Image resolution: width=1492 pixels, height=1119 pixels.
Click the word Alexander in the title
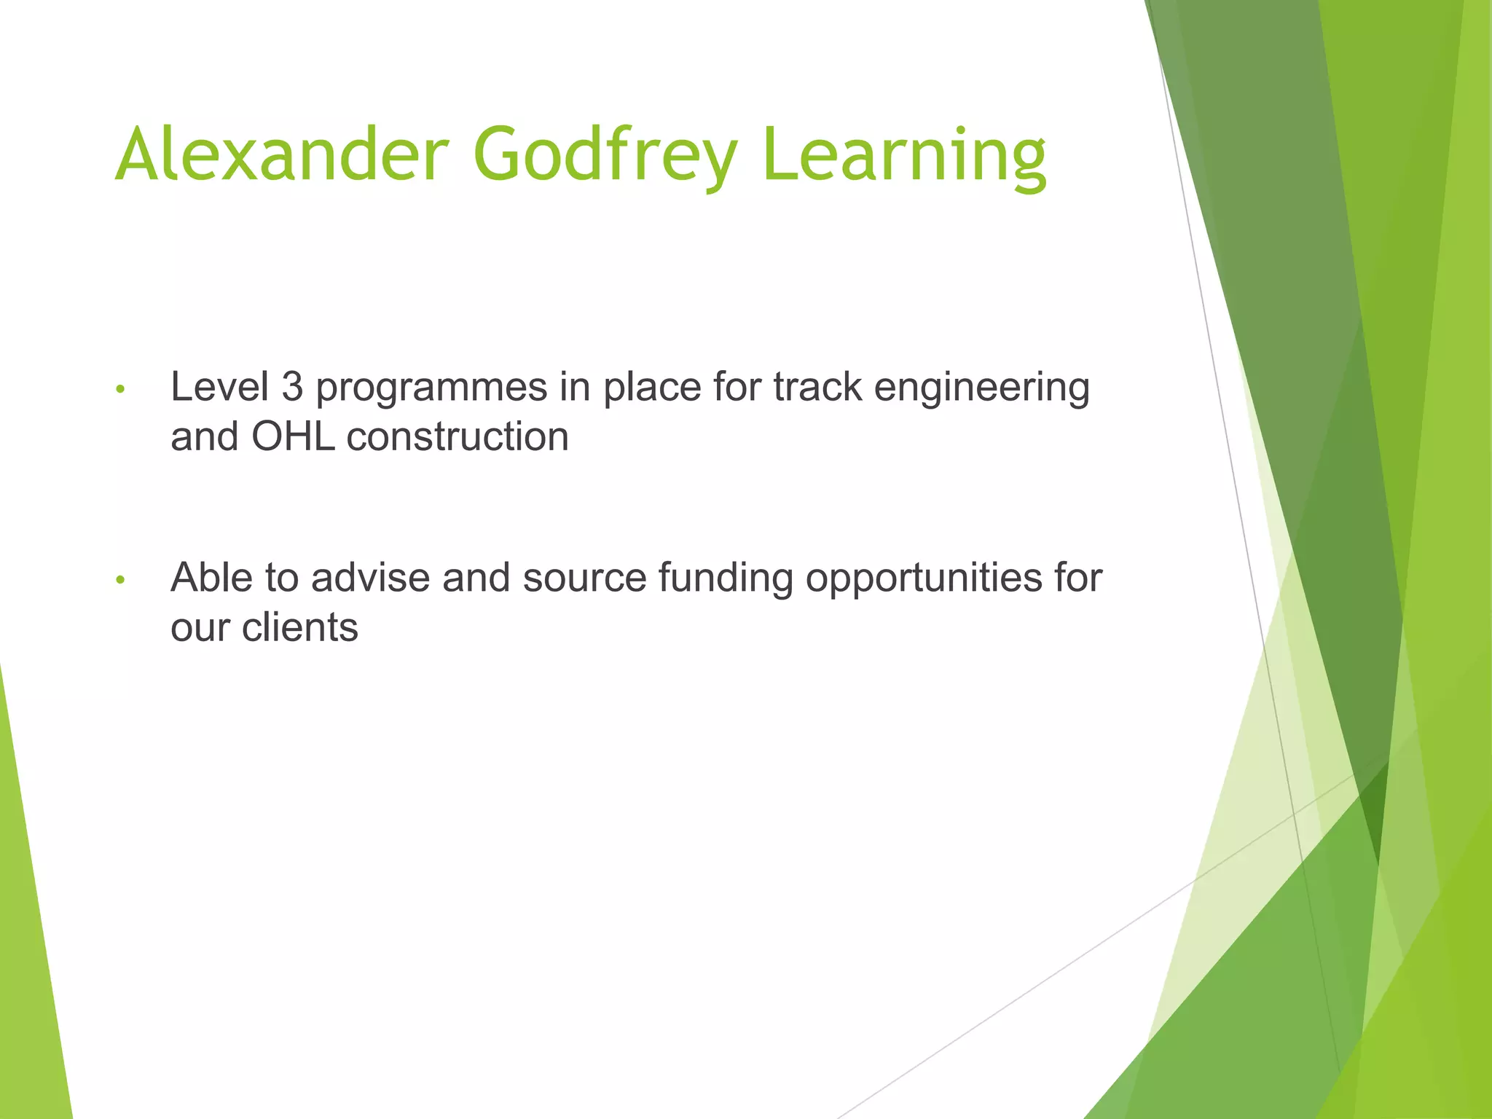(281, 154)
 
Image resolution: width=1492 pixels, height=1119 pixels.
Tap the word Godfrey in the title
(605, 154)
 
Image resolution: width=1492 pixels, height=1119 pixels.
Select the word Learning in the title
(904, 154)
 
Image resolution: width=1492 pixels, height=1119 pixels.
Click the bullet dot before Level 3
(121, 390)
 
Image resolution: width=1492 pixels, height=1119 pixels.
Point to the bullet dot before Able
(121, 581)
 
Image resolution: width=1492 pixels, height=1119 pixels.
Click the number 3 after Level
(292, 387)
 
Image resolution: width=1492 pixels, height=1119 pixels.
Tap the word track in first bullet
(817, 387)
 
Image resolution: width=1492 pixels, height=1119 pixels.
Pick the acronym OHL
(293, 437)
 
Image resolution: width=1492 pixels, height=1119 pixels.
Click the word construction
(458, 437)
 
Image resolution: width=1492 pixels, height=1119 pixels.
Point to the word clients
(300, 627)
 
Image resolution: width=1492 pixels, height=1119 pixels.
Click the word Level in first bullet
(219, 387)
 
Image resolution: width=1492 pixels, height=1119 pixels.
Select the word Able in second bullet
(211, 578)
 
